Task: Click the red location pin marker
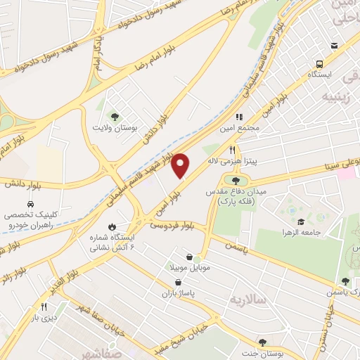point(181,166)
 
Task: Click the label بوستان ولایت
point(111,129)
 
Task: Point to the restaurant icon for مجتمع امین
point(239,117)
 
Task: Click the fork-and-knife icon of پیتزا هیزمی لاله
point(232,150)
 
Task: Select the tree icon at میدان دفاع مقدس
point(235,181)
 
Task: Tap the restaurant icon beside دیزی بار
point(44,307)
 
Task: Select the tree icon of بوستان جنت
point(262,342)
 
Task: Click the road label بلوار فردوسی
point(171,226)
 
